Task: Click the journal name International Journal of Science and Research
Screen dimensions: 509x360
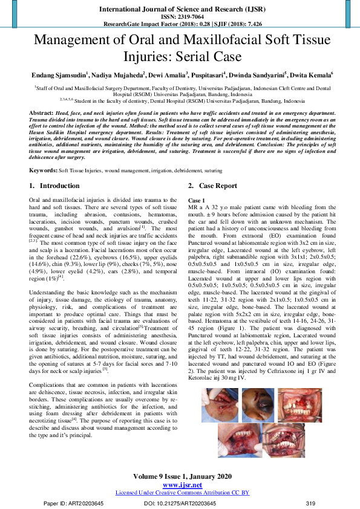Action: pos(179,9)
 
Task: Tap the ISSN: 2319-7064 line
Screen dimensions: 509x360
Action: pos(180,18)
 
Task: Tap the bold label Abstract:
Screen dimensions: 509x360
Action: pos(41,114)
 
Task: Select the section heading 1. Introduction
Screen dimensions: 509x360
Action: pos(54,186)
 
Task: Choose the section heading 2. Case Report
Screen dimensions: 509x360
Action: pos(212,186)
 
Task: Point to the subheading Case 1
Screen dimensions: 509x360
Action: pos(197,199)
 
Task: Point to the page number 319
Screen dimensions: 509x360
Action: pos(310,503)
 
